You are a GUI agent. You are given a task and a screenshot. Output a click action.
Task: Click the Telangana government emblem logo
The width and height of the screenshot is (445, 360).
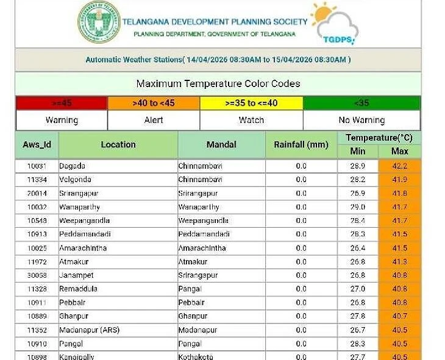[99, 22]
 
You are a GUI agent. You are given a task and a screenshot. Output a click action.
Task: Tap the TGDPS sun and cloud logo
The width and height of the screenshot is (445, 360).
[334, 24]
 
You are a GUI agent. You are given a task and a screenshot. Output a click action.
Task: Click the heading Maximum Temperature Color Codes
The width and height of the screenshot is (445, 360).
[218, 84]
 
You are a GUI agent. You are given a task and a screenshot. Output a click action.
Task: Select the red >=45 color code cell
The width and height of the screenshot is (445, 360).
[62, 103]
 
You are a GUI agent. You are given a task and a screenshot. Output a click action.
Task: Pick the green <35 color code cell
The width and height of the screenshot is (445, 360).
[361, 103]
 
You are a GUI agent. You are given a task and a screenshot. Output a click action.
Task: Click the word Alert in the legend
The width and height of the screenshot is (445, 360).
[154, 120]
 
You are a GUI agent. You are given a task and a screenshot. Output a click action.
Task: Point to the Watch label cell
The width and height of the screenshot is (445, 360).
[251, 120]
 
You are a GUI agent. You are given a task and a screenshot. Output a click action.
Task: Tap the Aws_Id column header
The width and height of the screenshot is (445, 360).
[37, 144]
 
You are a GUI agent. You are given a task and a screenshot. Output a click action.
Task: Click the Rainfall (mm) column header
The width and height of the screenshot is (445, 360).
[301, 144]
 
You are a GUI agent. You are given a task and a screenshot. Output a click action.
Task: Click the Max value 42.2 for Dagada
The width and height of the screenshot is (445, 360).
[400, 166]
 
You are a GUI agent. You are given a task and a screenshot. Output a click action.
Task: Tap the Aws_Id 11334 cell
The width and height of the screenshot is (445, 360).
[37, 180]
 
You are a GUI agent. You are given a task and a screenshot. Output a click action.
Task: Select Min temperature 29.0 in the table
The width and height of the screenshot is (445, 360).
[358, 207]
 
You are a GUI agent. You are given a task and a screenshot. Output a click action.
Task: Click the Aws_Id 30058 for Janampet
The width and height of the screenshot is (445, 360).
[37, 275]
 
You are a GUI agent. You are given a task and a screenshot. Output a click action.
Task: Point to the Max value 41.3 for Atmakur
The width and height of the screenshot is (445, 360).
[400, 262]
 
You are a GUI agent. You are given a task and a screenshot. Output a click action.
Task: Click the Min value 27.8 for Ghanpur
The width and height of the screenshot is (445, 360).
[358, 316]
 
